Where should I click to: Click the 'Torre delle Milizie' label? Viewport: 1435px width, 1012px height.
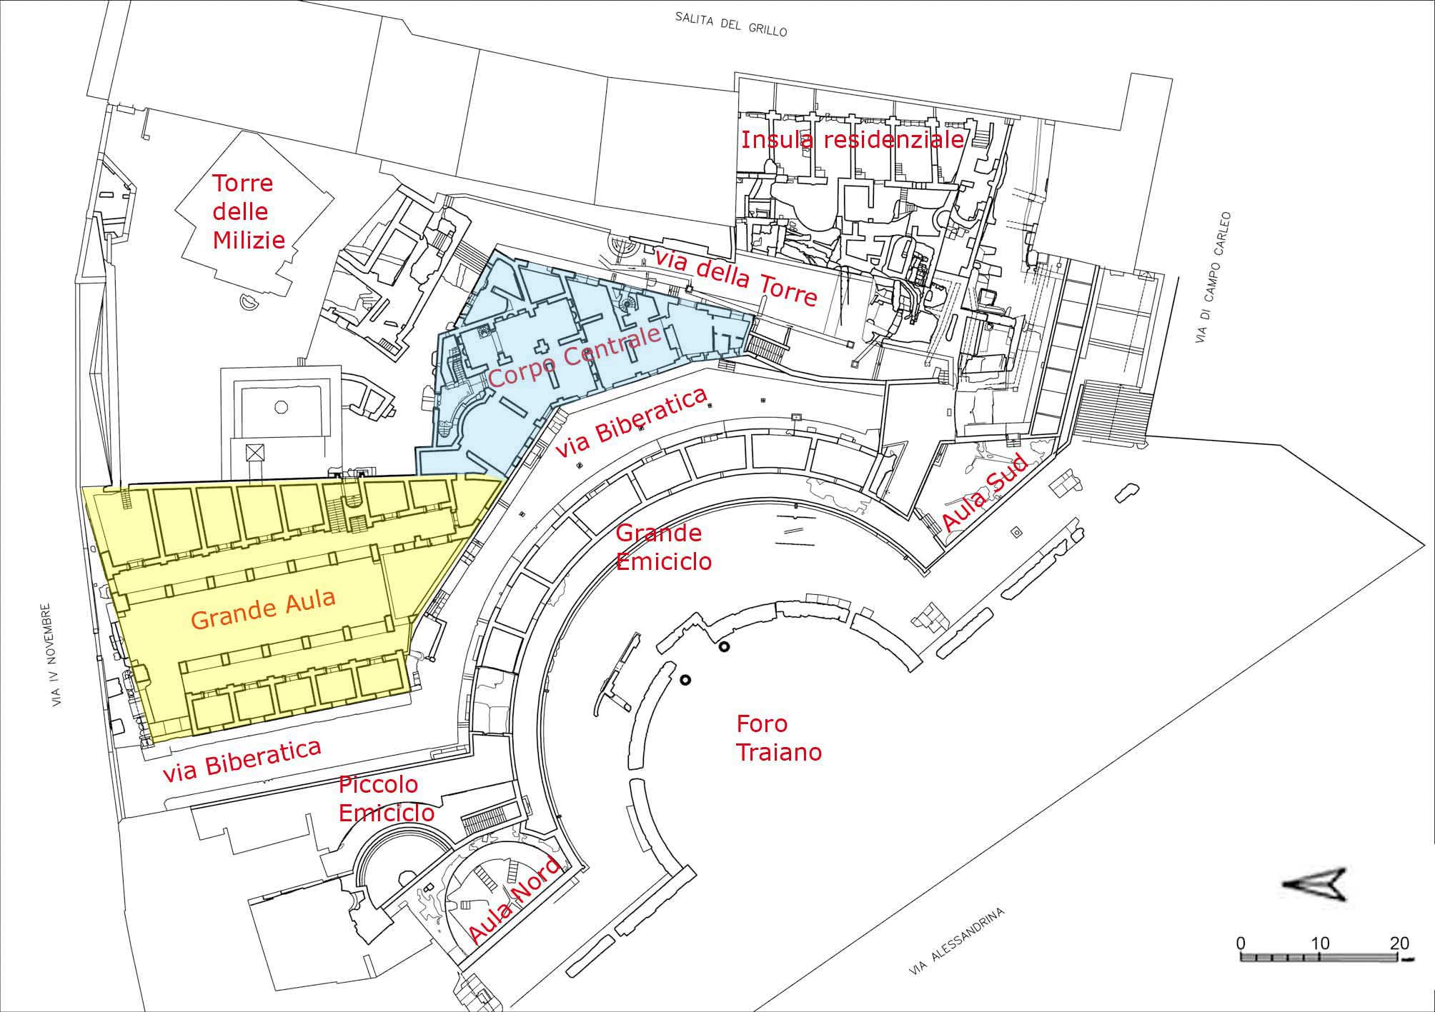(249, 211)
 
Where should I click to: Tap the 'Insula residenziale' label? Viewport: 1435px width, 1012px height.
(853, 139)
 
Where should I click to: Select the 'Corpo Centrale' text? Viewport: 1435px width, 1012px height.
(574, 359)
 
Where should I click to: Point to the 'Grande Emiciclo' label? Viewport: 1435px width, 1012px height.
(664, 547)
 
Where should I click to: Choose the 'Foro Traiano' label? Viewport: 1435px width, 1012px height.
(779, 738)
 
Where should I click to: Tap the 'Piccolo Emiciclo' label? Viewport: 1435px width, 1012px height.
(387, 798)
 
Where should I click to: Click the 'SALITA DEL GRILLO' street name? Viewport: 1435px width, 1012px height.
(731, 24)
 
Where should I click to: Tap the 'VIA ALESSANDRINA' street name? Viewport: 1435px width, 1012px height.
(957, 943)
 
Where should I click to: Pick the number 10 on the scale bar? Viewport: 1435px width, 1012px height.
(1320, 943)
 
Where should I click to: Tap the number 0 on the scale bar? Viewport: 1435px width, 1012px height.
(1241, 943)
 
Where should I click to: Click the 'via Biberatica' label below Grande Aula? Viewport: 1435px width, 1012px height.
(242, 761)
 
